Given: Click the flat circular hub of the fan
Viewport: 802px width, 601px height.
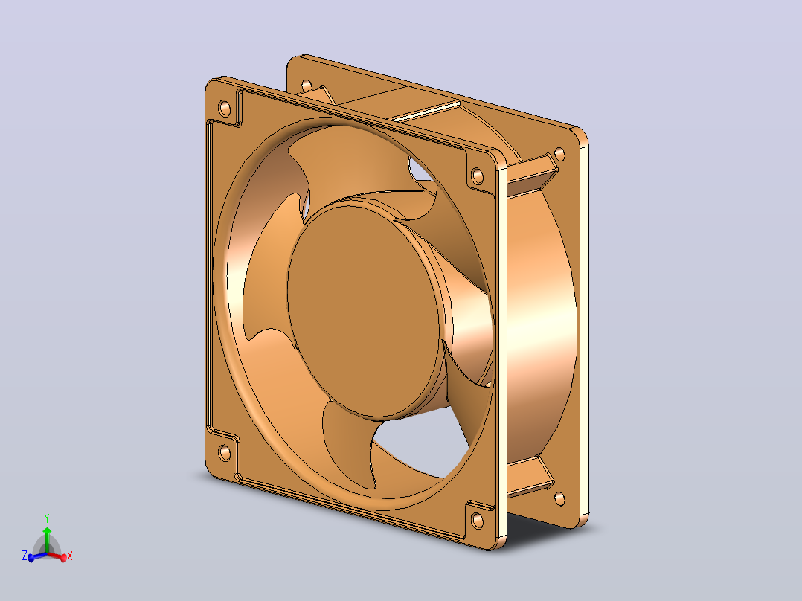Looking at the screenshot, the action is point(365,310).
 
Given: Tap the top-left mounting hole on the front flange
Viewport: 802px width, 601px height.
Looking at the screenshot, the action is point(225,109).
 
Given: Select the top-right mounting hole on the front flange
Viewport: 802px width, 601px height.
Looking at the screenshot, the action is point(477,176).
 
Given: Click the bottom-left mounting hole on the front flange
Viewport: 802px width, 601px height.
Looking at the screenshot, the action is point(224,453).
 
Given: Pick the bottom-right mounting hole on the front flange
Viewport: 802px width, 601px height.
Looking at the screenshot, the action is point(477,521).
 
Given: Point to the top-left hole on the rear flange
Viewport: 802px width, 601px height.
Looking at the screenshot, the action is point(307,85).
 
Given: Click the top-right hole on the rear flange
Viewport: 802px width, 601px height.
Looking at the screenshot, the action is point(559,153).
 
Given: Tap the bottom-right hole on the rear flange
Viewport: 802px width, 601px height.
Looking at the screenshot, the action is point(559,498).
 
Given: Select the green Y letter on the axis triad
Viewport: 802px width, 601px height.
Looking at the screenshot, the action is point(47,518).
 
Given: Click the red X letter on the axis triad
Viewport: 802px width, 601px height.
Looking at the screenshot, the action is point(70,556).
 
